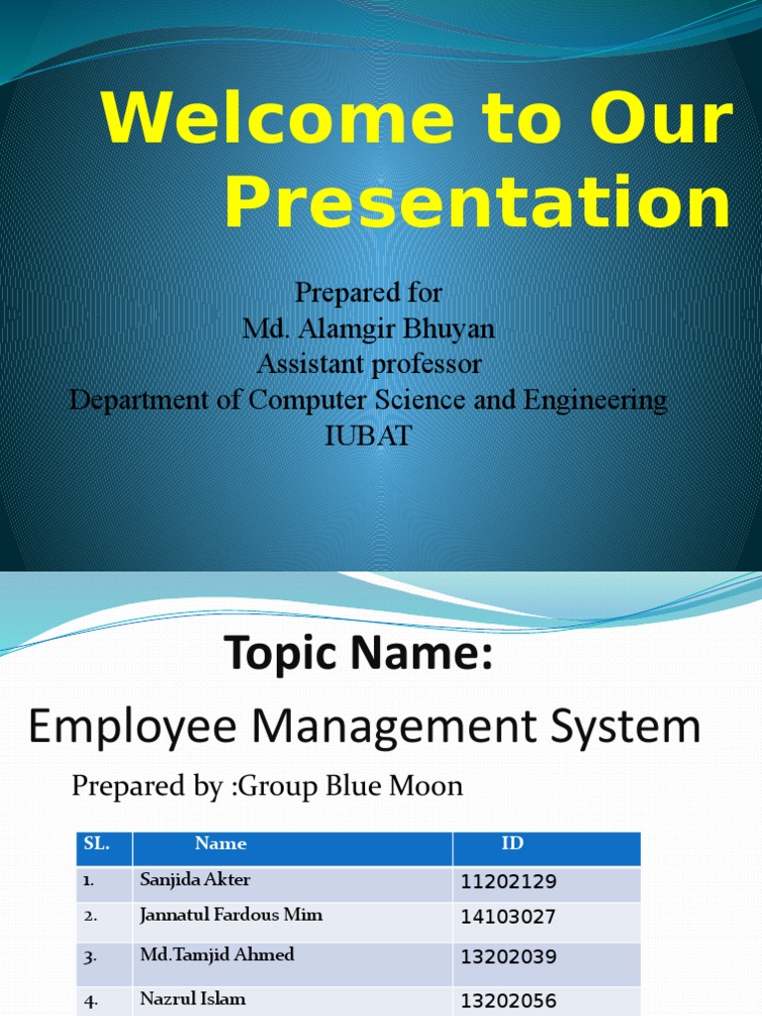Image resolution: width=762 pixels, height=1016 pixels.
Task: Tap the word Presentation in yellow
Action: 477,203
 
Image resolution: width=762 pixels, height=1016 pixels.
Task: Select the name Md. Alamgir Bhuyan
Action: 368,329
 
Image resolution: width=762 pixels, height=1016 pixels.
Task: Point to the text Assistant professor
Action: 369,365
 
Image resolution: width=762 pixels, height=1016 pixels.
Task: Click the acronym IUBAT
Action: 368,437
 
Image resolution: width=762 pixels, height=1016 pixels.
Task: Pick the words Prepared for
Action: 368,294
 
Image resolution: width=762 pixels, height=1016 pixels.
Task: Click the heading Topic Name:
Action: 358,655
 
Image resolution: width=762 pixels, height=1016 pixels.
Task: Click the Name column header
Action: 220,844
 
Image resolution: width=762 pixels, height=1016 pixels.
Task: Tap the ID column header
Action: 512,844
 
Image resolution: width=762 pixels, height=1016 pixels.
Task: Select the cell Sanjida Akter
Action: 195,880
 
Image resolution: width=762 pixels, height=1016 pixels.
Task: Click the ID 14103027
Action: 508,918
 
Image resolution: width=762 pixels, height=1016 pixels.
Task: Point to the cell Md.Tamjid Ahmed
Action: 217,955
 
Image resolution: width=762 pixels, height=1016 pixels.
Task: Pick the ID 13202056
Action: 508,1001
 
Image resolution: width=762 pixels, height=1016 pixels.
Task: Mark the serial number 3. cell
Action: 90,957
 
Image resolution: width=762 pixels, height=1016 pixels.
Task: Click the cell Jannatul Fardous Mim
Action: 231,916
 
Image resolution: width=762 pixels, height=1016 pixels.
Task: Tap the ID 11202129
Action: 508,882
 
